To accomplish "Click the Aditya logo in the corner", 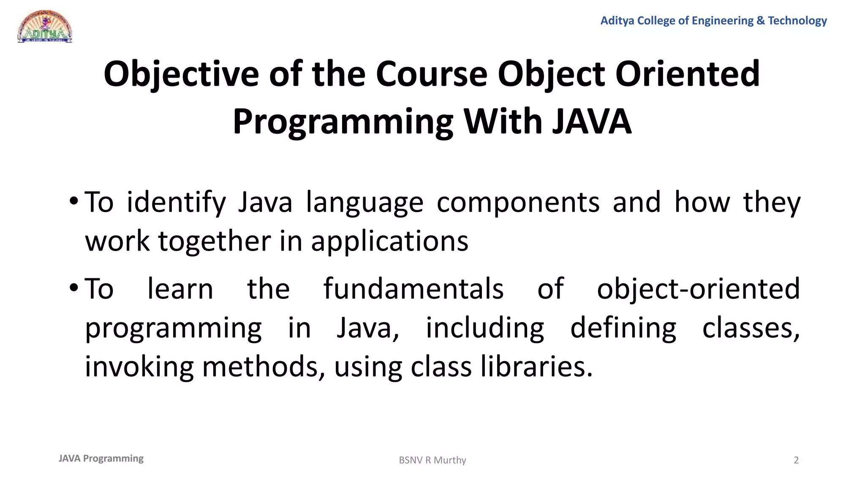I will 45,27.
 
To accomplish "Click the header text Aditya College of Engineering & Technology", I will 713,21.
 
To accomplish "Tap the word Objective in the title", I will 181,74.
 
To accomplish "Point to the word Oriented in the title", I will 687,74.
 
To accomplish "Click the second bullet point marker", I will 73,288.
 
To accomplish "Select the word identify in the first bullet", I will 176,202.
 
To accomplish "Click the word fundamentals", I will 413,289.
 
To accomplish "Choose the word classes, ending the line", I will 751,328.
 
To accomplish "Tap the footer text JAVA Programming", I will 101,459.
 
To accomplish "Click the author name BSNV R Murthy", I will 432,460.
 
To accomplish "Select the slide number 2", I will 796,460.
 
